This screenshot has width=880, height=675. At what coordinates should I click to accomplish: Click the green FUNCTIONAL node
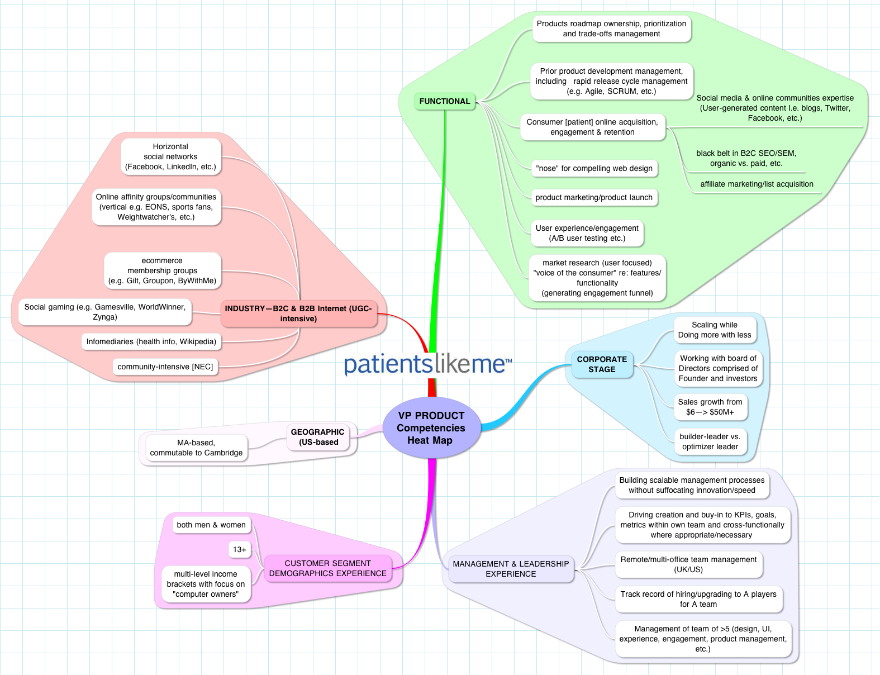(445, 101)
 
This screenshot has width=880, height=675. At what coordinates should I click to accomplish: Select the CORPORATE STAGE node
(602, 364)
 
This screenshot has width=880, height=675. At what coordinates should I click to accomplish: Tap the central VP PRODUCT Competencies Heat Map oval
(431, 428)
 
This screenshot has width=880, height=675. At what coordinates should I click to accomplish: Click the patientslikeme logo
(427, 364)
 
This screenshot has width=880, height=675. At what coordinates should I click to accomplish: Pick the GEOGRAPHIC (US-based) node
(317, 437)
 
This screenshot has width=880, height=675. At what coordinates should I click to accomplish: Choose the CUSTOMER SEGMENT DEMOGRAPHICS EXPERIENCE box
(327, 568)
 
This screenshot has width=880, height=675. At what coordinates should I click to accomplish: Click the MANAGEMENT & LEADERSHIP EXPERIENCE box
(511, 569)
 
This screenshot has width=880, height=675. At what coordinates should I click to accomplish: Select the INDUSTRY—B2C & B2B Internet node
(298, 313)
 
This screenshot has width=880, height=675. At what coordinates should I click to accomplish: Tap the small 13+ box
(239, 550)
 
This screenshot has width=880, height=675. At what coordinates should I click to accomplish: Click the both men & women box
(211, 525)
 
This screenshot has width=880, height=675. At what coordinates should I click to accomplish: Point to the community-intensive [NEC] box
(165, 367)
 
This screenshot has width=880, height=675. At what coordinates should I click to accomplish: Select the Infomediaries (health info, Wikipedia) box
(151, 341)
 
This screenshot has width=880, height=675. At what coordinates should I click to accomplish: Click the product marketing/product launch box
(594, 197)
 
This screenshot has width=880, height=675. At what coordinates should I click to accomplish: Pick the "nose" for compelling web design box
(594, 168)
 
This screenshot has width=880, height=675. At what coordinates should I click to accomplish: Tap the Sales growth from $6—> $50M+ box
(710, 407)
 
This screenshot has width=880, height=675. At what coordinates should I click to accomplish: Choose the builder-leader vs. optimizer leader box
(710, 441)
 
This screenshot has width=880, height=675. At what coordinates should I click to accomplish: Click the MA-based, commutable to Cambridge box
(196, 448)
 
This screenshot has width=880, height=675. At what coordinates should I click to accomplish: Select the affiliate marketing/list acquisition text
(757, 184)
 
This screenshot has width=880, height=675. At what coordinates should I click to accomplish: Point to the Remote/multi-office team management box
(688, 564)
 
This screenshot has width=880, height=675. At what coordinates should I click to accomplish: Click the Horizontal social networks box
(170, 156)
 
